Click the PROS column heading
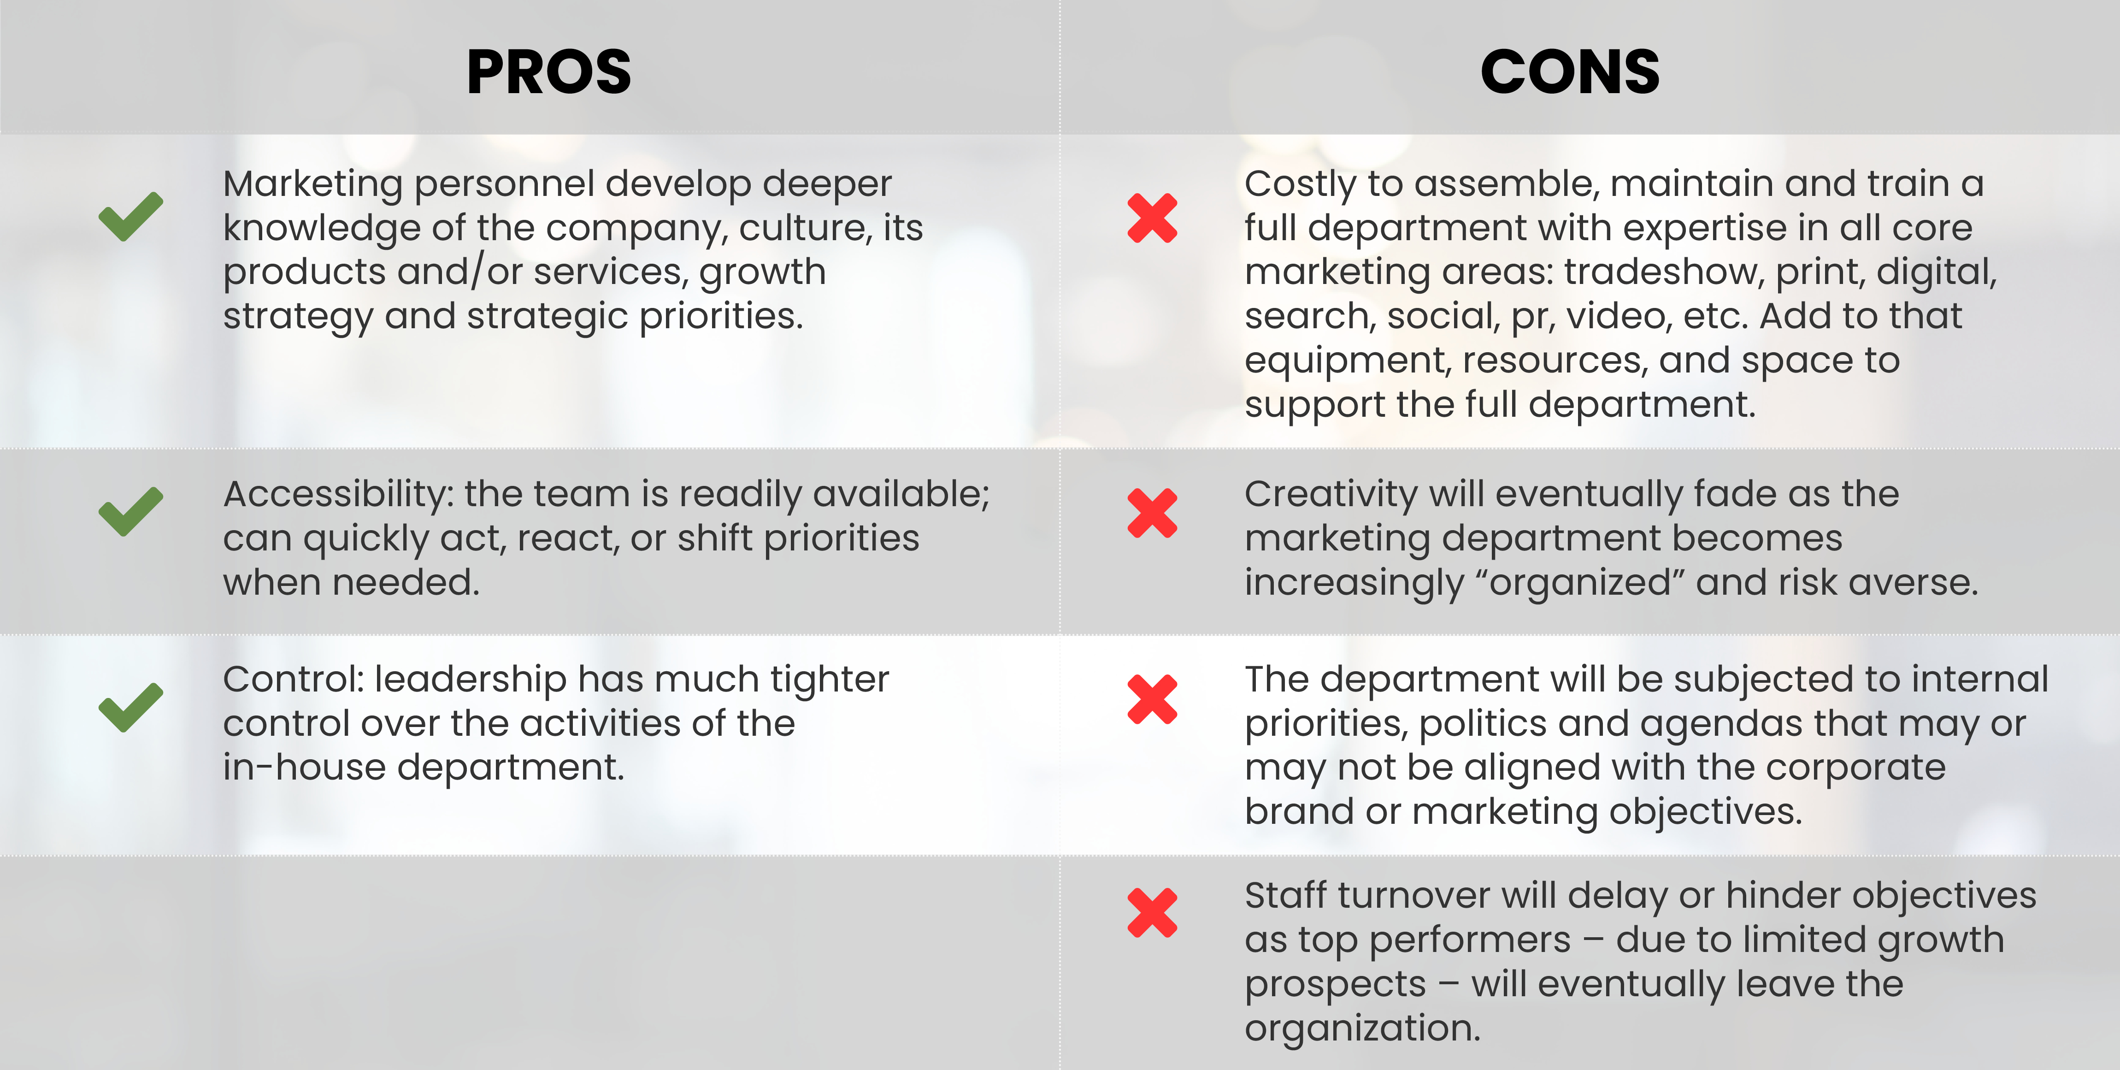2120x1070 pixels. pyautogui.click(x=549, y=71)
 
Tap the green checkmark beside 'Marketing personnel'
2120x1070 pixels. pyautogui.click(x=131, y=217)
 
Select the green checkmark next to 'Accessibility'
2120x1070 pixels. pyautogui.click(x=131, y=511)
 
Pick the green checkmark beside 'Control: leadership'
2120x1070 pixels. pyautogui.click(x=131, y=707)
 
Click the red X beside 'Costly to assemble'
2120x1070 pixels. pyautogui.click(x=1152, y=218)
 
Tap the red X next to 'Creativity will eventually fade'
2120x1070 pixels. pyautogui.click(x=1152, y=513)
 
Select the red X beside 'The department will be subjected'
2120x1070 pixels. pyautogui.click(x=1152, y=699)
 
